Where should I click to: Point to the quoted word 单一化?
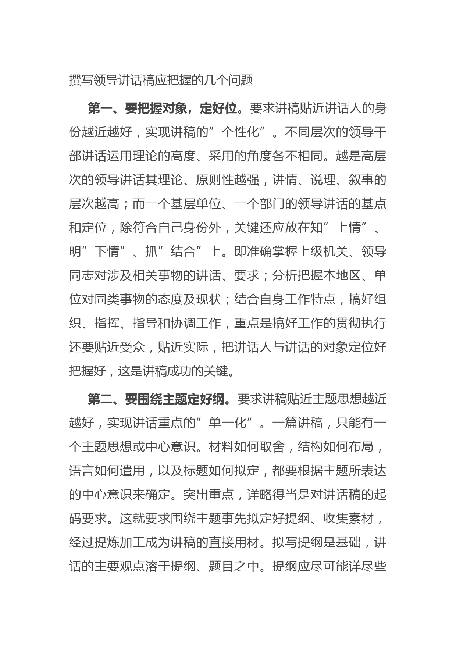click(228, 423)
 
